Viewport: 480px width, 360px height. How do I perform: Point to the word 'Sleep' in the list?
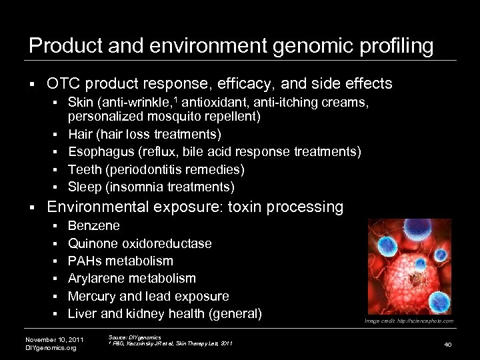85,187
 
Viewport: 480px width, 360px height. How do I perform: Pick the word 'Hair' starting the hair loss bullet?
81,135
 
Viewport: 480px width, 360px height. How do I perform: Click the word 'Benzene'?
94,226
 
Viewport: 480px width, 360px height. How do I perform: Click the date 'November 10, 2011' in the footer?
54,340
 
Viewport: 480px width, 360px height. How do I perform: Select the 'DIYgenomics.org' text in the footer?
51,348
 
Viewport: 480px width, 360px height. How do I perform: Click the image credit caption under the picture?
409,321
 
